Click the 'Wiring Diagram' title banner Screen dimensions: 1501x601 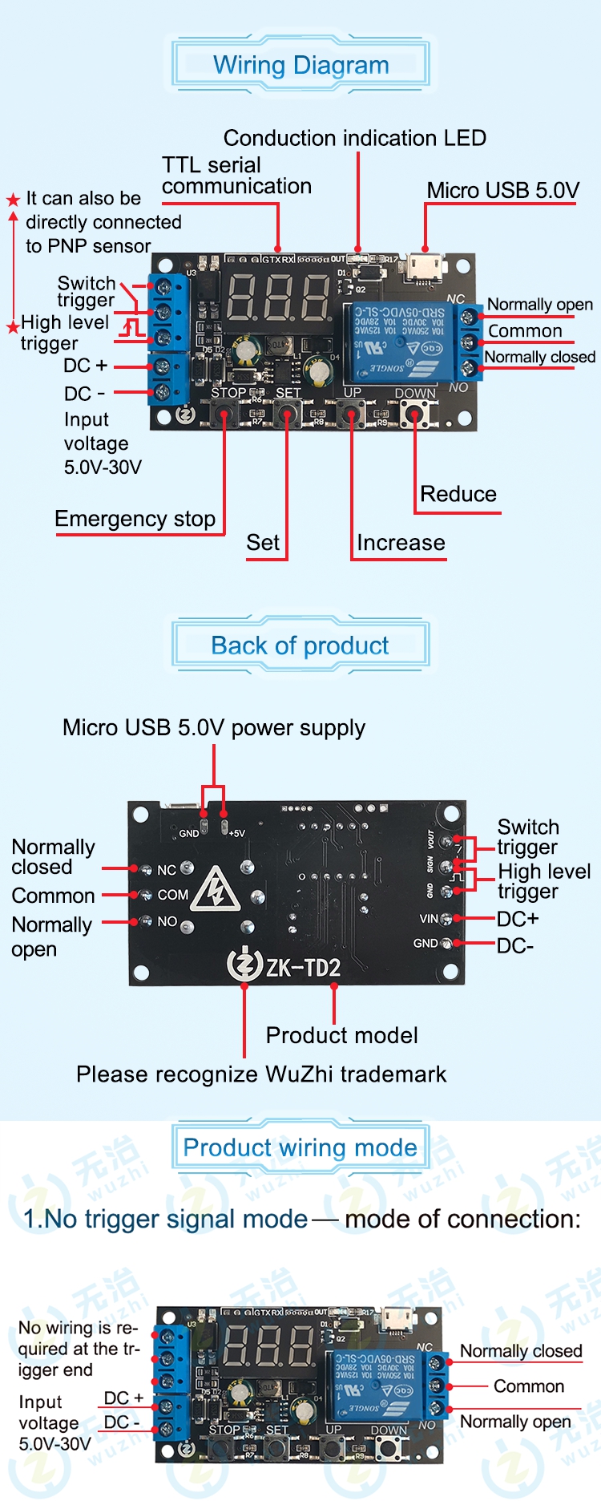300,65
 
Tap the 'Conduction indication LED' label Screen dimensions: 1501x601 354,138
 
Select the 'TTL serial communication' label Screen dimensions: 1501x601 236,176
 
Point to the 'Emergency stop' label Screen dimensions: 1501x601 135,519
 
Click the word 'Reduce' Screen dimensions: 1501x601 458,494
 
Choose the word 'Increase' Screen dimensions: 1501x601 401,543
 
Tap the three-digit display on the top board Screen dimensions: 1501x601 278,297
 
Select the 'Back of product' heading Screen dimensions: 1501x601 300,645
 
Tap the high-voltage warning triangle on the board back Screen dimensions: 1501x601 215,889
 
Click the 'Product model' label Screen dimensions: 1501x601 341,1035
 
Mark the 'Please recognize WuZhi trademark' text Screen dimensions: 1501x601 261,1074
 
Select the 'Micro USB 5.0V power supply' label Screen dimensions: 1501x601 214,728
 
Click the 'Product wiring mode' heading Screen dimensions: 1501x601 300,1147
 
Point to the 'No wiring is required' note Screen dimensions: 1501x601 78,1349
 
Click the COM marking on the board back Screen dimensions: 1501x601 173,895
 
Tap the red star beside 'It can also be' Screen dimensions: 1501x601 13,200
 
